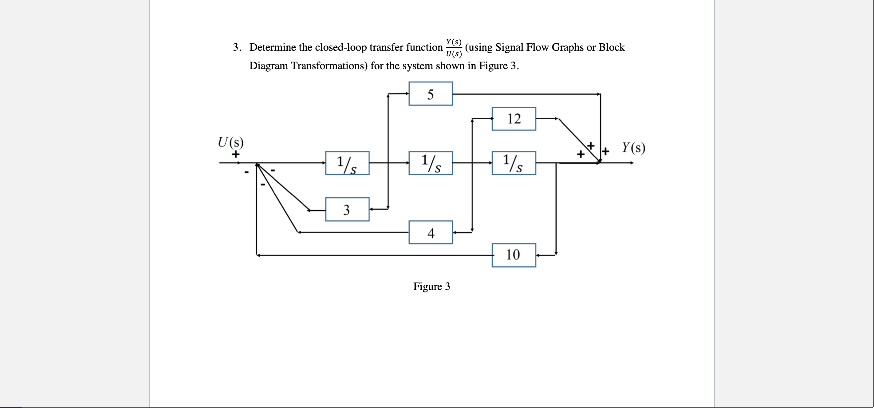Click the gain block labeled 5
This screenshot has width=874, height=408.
point(431,94)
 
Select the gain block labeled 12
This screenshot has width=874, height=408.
point(514,119)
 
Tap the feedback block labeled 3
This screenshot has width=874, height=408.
point(347,209)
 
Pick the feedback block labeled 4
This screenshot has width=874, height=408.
point(431,232)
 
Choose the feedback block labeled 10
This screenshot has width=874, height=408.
point(514,255)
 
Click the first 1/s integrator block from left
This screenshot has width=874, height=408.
point(347,163)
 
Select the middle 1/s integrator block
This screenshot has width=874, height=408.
point(431,163)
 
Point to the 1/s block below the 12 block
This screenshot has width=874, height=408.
point(514,163)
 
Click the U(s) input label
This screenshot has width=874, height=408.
point(231,142)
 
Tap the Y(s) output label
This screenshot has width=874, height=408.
point(633,148)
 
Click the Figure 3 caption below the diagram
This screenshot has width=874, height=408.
point(431,287)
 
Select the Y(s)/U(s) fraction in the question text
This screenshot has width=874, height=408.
point(454,48)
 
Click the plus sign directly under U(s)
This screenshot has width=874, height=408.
point(235,154)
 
